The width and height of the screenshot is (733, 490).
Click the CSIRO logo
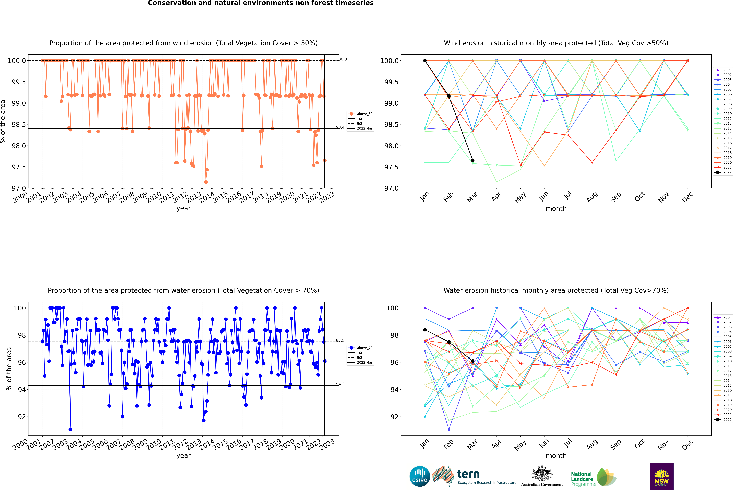pos(420,476)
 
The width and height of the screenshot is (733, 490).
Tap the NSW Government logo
pos(661,476)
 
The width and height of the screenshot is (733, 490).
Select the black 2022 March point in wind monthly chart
pos(473,160)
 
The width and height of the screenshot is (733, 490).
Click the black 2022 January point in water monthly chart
pos(425,330)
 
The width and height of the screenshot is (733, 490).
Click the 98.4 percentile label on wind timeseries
pos(340,127)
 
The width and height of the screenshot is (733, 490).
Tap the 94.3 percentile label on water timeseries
pos(340,384)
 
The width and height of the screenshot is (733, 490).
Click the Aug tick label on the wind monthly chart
pos(592,197)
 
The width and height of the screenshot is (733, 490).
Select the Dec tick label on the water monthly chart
pos(687,444)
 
